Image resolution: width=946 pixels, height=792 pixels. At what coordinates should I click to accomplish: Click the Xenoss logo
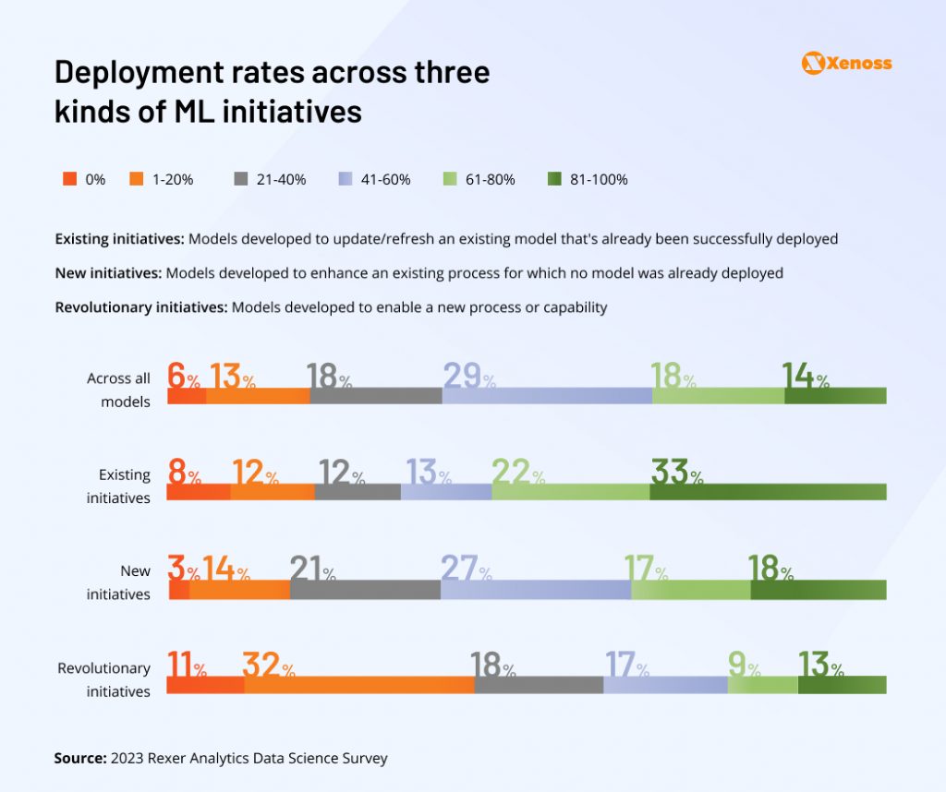847,63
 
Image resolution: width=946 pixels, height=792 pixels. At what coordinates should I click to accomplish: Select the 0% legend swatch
69,179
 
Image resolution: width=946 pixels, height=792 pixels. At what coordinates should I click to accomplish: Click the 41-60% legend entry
374,179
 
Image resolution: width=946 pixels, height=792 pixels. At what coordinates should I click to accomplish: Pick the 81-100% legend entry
587,179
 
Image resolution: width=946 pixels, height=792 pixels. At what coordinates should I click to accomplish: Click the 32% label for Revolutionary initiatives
268,666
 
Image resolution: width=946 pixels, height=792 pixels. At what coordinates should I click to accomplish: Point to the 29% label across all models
469,377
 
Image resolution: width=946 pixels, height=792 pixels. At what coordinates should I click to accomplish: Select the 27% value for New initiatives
467,570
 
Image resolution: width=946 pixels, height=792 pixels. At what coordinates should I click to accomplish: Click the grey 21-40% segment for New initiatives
365,590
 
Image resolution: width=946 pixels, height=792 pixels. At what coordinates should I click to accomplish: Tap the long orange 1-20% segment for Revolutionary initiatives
359,685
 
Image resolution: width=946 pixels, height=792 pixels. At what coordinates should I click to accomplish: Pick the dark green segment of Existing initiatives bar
768,492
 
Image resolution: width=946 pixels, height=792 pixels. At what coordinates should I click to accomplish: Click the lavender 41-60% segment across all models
547,396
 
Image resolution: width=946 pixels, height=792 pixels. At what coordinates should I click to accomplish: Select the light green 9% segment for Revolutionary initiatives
762,685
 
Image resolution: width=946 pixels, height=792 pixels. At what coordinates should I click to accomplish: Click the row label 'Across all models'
118,390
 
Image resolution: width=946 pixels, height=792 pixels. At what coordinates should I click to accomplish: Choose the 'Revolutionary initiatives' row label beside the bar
103,679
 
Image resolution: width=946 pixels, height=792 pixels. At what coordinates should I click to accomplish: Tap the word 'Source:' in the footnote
80,758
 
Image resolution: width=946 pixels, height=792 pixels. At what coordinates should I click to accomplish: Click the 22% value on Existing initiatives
517,473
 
